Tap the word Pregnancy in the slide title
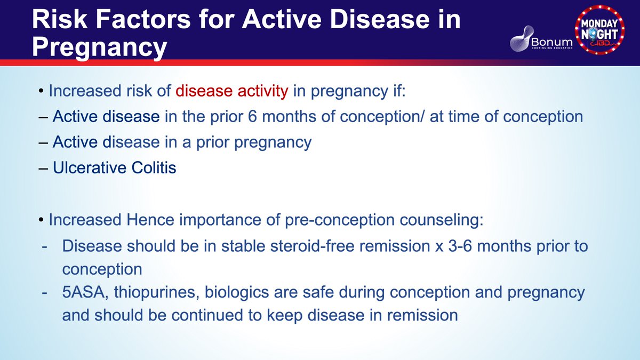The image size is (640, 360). click(x=99, y=47)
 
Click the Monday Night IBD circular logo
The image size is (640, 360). click(x=599, y=29)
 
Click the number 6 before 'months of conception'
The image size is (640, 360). click(x=253, y=117)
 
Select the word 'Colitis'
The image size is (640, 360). click(x=154, y=167)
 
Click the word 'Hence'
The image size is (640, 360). click(x=150, y=220)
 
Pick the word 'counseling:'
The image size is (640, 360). click(x=442, y=220)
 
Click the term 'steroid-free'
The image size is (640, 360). click(x=312, y=246)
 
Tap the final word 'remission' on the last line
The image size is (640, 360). click(x=422, y=315)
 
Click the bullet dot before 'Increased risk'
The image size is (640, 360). click(x=42, y=91)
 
